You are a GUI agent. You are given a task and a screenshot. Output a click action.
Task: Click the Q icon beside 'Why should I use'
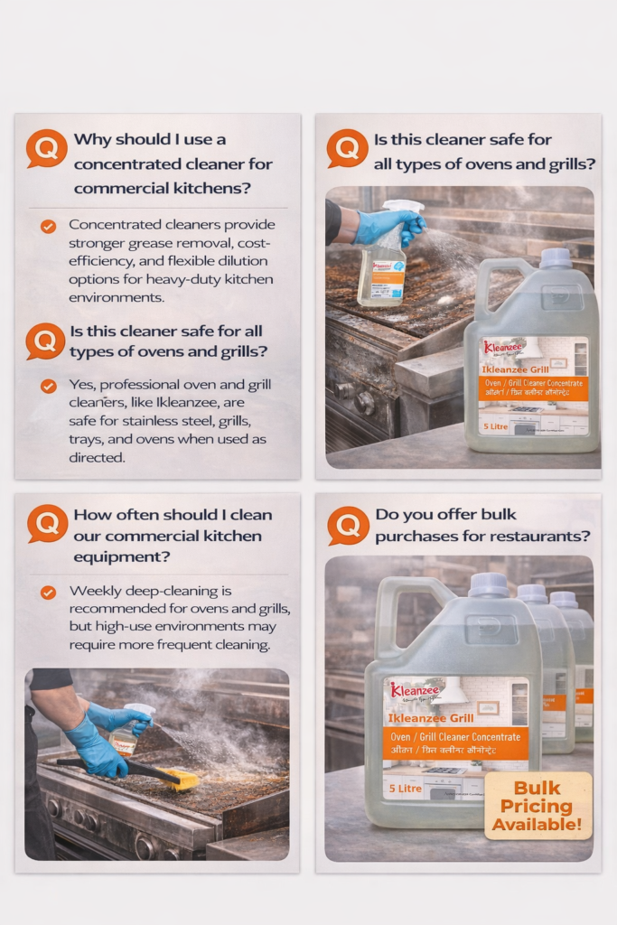point(46,147)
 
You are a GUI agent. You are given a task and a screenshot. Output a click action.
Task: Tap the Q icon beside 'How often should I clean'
point(47,522)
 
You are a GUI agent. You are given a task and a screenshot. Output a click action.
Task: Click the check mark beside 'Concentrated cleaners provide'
point(48,227)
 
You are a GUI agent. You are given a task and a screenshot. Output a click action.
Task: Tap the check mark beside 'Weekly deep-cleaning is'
point(48,593)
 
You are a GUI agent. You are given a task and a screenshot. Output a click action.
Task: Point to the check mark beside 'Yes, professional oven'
point(48,386)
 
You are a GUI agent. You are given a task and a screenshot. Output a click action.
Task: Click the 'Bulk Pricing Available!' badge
point(538,806)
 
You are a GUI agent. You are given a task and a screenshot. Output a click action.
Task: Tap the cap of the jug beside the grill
point(554,258)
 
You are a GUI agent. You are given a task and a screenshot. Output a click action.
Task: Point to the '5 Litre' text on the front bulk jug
point(404,789)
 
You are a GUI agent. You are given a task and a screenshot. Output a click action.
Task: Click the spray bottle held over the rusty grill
point(383,266)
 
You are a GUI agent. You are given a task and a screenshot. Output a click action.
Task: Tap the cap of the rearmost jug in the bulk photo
point(564,600)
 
